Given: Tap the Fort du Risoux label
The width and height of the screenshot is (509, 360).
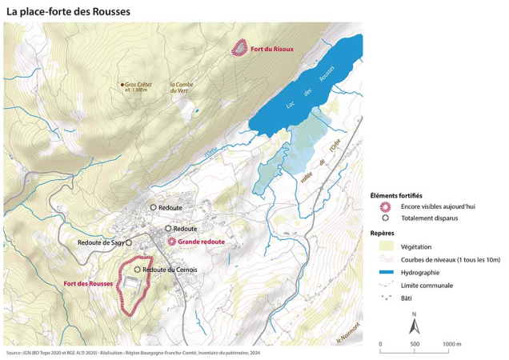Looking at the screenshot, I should click(272, 49).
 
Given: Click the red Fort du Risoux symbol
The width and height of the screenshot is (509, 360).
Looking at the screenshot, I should click(238, 48).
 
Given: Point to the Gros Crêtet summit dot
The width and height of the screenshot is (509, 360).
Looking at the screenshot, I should click(122, 84).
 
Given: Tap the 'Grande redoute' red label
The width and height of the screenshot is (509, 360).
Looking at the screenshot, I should click(202, 241).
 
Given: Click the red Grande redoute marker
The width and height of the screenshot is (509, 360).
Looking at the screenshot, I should click(171, 241).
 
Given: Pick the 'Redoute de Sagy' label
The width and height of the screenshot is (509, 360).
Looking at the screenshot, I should click(100, 242).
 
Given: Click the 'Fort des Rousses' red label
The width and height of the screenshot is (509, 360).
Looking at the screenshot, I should click(88, 284).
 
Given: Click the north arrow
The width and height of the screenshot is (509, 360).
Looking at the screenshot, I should click(414, 325).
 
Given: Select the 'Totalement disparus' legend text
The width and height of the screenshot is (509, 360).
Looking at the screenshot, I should click(431, 218).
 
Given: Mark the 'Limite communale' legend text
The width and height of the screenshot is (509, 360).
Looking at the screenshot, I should click(427, 285).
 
